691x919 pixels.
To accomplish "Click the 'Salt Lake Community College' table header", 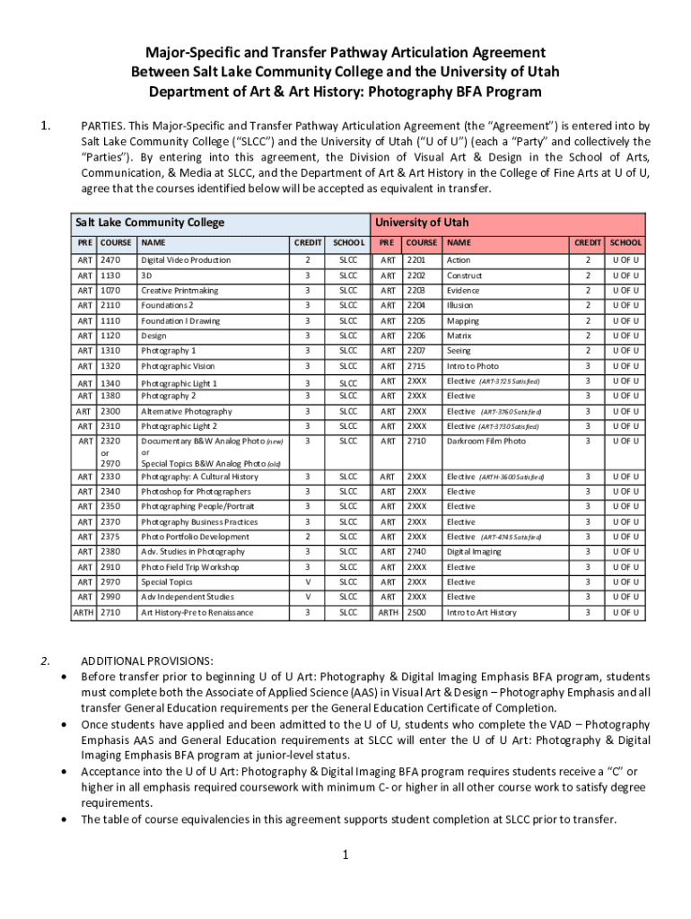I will point(150,223).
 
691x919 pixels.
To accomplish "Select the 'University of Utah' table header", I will point(422,223).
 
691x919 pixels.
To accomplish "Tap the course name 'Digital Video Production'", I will point(186,260).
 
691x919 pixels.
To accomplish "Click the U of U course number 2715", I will point(415,366).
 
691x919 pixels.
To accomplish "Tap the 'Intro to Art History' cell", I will point(482,613).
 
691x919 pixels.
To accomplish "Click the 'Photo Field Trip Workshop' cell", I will point(190,567).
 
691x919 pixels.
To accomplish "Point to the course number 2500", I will point(415,613).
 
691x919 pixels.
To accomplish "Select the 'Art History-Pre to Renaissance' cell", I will point(197,613).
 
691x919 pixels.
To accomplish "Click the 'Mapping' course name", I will point(463,321).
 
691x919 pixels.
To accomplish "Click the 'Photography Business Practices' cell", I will point(199,522).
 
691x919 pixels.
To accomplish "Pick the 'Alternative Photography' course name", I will point(187,412).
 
